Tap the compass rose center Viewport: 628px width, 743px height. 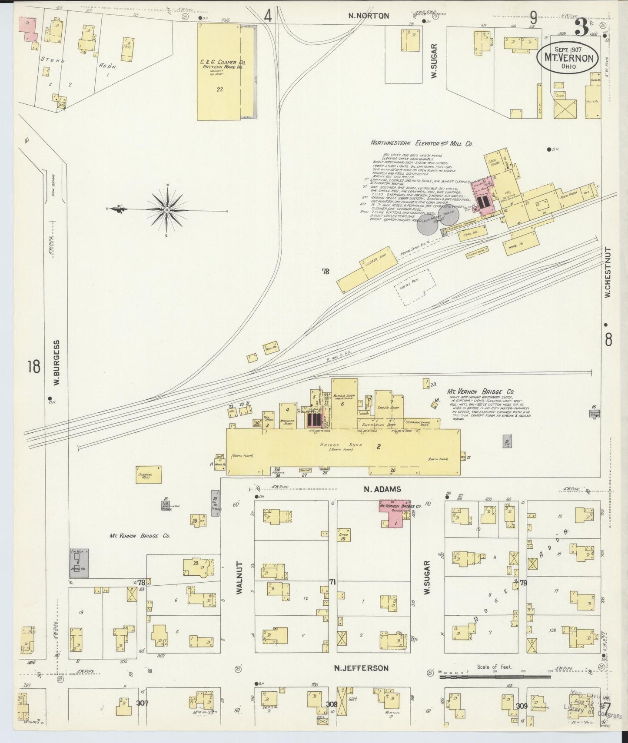(167, 210)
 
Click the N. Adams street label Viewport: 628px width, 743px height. (382, 489)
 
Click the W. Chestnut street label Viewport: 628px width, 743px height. (608, 272)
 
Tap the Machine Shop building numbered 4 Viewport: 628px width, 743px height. (287, 415)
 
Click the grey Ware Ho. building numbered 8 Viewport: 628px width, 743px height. (80, 562)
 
